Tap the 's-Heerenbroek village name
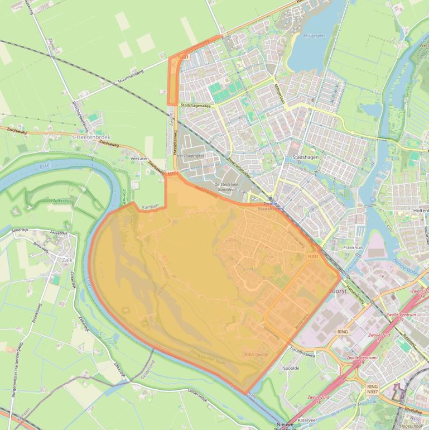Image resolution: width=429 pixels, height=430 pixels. [x=90, y=136]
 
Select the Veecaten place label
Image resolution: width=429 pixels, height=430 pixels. [x=139, y=159]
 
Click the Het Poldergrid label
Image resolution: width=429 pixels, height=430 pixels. [x=191, y=156]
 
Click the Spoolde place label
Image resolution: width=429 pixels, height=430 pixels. [x=291, y=368]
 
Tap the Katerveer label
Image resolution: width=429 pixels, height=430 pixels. [x=307, y=419]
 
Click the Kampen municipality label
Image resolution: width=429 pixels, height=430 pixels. [x=150, y=206]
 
